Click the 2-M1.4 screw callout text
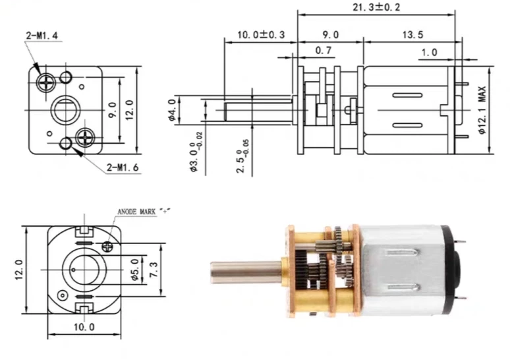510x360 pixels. click(43, 32)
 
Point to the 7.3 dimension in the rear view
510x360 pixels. click(154, 269)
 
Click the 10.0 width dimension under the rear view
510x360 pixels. click(83, 326)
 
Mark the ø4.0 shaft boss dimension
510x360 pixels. click(173, 110)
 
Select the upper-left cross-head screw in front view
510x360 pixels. click(47, 82)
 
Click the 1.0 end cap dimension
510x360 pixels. click(430, 51)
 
